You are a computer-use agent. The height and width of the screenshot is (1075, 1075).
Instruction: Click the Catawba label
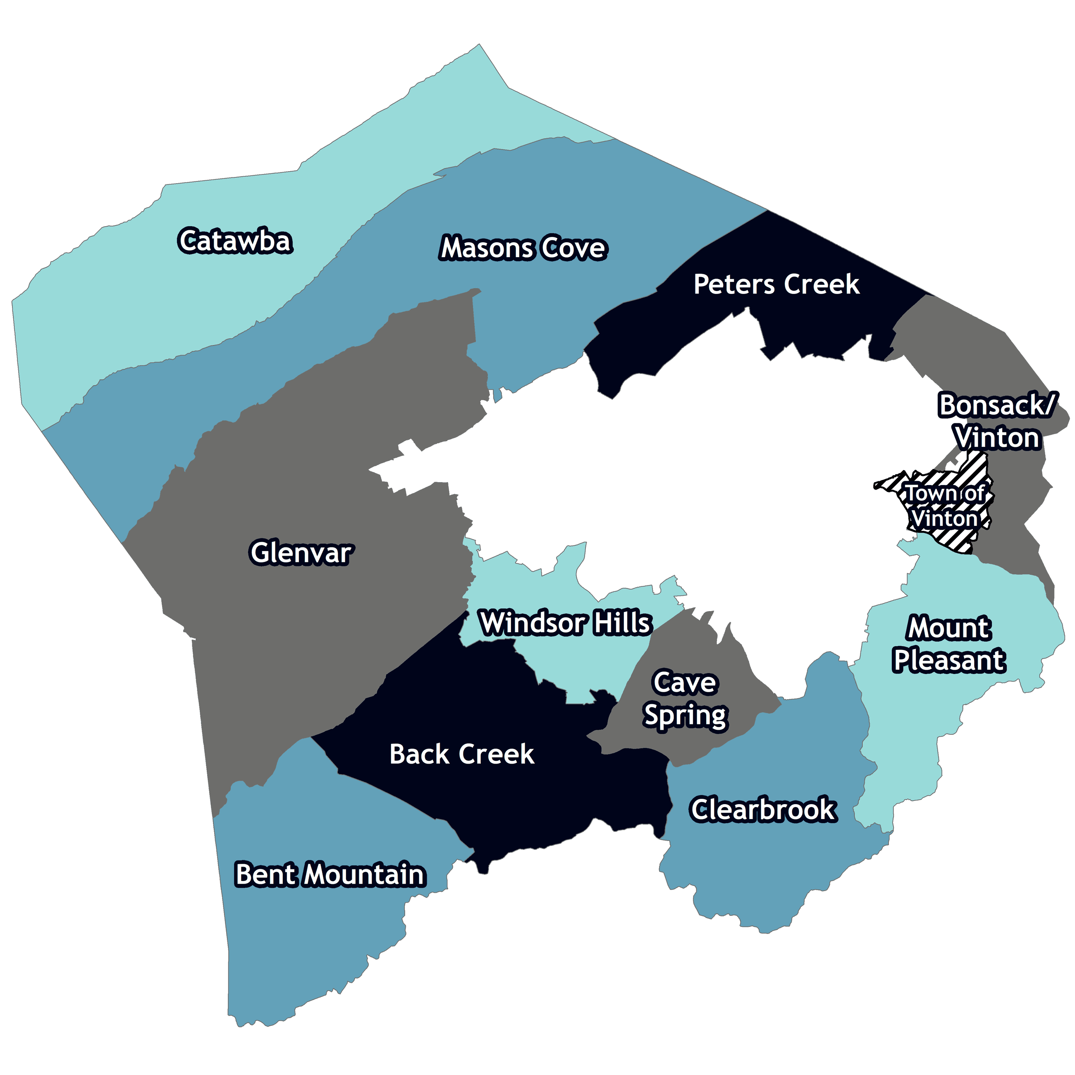235,241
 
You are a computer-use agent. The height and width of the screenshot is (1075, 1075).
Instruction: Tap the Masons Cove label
523,248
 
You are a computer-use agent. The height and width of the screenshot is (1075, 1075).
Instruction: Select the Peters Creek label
776,284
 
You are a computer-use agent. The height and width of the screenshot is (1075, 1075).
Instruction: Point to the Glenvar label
301,552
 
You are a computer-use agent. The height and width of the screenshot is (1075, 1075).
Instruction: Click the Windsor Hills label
565,622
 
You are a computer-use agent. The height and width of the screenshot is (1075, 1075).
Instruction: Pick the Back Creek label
462,754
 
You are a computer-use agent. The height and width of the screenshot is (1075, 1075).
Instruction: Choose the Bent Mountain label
330,874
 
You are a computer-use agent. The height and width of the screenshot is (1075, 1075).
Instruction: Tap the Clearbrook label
763,809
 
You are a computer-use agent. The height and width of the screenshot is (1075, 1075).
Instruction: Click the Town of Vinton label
944,506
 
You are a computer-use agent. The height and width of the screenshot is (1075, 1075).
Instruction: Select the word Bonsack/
996,405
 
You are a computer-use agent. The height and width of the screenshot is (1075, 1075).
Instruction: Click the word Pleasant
949,660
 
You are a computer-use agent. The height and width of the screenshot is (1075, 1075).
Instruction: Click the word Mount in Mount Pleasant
949,628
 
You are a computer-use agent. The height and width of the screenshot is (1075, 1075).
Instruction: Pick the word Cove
573,248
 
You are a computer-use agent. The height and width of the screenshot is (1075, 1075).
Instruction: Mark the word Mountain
365,874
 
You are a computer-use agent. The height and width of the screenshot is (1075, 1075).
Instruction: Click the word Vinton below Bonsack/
998,438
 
